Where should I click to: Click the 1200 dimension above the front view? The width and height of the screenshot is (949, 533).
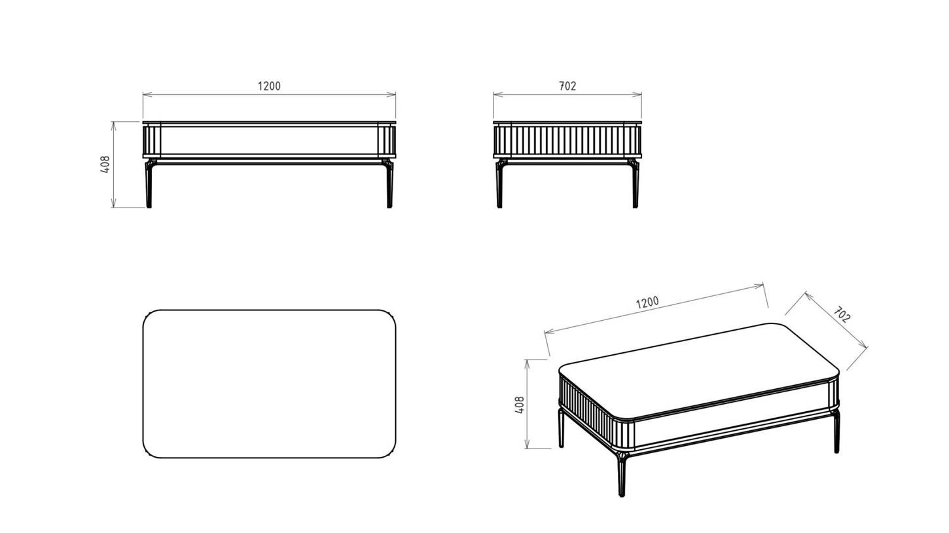[x=269, y=86]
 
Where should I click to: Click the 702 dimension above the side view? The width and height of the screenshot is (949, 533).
[x=567, y=86]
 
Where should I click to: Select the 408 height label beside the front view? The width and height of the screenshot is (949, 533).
[x=105, y=164]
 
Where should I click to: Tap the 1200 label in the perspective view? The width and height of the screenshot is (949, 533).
[x=647, y=303]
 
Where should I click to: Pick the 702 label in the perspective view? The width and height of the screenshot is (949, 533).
[x=842, y=314]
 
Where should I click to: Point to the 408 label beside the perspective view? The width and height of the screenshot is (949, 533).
[x=519, y=405]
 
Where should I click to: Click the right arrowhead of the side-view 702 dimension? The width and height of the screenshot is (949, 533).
[x=637, y=94]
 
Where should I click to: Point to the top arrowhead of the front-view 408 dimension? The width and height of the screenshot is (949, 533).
[x=113, y=126]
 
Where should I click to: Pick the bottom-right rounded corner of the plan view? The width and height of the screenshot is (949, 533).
[x=390, y=452]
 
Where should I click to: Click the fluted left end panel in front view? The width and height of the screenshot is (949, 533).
[x=152, y=140]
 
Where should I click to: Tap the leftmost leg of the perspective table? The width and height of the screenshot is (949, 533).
[x=562, y=428]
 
